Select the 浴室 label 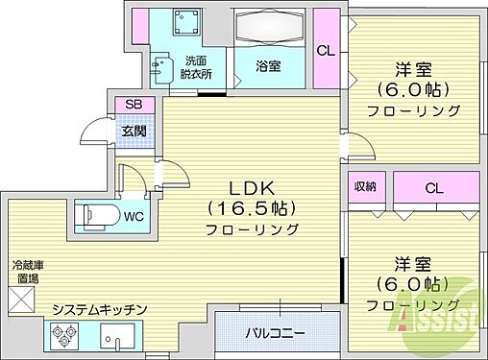click(x=269, y=66)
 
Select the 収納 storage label click(x=364, y=188)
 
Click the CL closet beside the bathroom click(x=326, y=51)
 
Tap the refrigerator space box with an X click(x=21, y=299)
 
